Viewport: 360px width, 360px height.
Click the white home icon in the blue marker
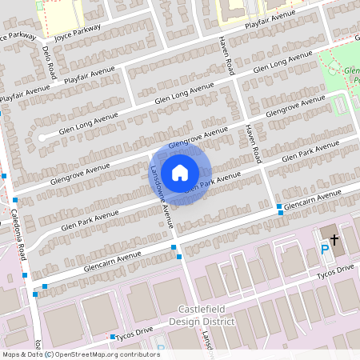point(180,172)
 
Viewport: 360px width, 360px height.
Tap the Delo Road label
point(47,58)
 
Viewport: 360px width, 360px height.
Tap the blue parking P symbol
point(324,250)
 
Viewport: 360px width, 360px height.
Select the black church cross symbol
point(334,238)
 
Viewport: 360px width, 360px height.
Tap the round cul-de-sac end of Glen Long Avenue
point(41,136)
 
